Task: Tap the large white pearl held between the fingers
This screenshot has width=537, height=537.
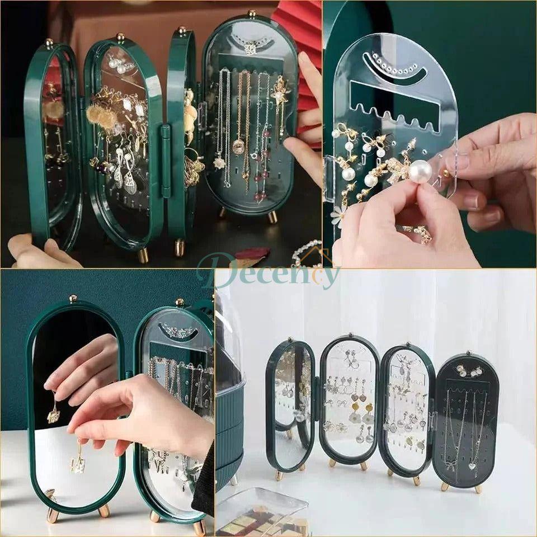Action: (x=420, y=171)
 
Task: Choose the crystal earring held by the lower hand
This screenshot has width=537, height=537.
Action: (x=78, y=464)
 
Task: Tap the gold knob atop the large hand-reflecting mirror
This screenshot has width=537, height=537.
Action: (x=73, y=298)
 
